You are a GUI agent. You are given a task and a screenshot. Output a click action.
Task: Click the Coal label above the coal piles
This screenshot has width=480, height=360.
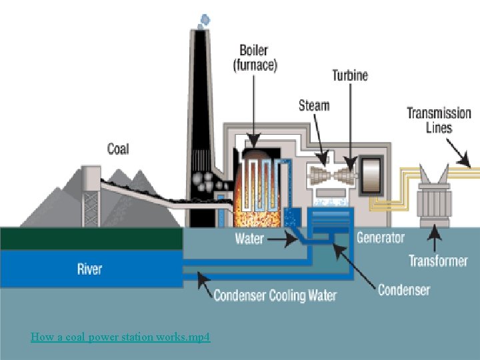[x=118, y=149]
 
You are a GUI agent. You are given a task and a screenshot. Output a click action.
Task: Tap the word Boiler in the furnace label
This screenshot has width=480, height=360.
[x=254, y=51]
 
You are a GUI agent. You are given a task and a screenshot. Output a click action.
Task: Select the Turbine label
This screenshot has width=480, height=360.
[x=350, y=75]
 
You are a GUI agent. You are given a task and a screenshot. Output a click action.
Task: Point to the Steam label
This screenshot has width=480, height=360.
[x=314, y=105]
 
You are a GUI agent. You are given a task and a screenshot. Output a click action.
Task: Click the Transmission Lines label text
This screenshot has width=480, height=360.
[x=439, y=120]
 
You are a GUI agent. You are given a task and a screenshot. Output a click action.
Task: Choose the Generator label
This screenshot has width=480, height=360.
[x=381, y=238]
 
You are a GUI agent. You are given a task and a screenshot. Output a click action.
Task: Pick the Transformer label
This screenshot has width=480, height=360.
[x=439, y=261]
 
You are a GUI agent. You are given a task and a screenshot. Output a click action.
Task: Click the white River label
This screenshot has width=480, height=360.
[x=89, y=269]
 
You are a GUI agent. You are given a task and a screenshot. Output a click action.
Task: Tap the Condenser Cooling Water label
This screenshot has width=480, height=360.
[x=275, y=296]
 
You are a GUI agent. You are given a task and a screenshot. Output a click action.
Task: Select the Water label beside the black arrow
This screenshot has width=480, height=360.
[x=249, y=239]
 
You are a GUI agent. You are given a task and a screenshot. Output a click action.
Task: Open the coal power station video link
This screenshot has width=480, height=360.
[x=120, y=337]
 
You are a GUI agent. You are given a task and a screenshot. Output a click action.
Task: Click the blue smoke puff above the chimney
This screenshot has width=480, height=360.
[x=205, y=21]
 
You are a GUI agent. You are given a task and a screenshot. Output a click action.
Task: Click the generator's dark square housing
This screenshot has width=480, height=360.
[x=371, y=175]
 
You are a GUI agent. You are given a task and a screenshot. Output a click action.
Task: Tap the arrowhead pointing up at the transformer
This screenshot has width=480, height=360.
[x=435, y=232]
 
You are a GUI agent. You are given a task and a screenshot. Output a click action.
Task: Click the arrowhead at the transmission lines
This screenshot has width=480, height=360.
[x=465, y=160]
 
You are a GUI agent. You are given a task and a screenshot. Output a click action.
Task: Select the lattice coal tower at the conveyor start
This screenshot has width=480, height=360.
[x=91, y=197]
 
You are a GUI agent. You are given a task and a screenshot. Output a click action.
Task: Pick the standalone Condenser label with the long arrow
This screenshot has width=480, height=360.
[x=404, y=289]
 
